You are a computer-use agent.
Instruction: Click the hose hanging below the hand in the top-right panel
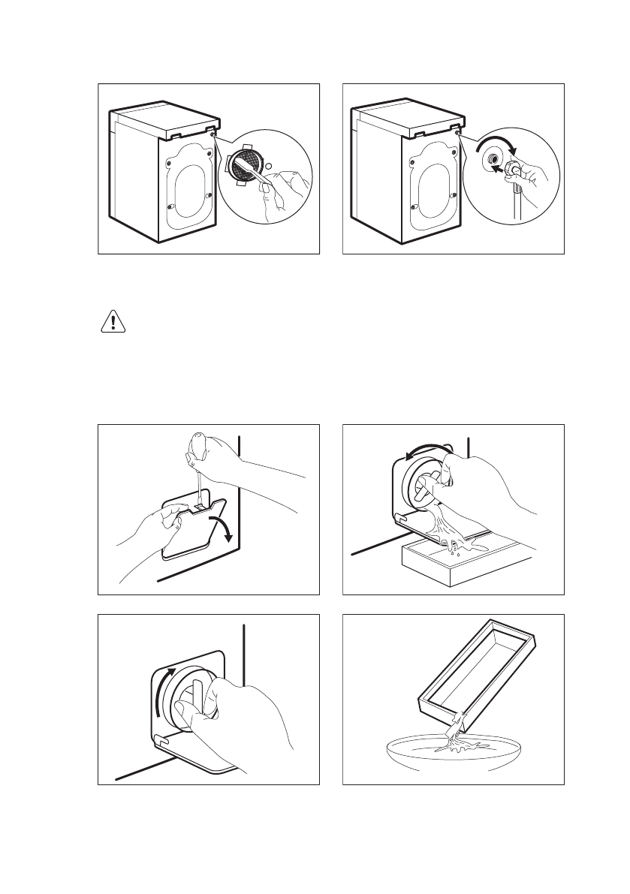click(x=517, y=201)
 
